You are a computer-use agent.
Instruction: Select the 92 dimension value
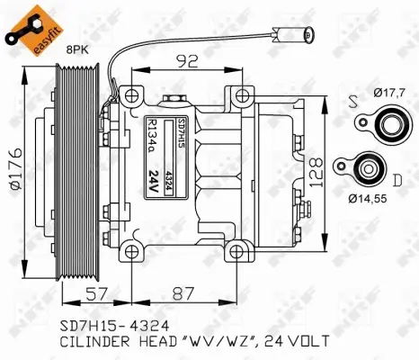click(188, 63)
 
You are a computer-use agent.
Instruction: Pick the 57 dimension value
click(96, 292)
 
